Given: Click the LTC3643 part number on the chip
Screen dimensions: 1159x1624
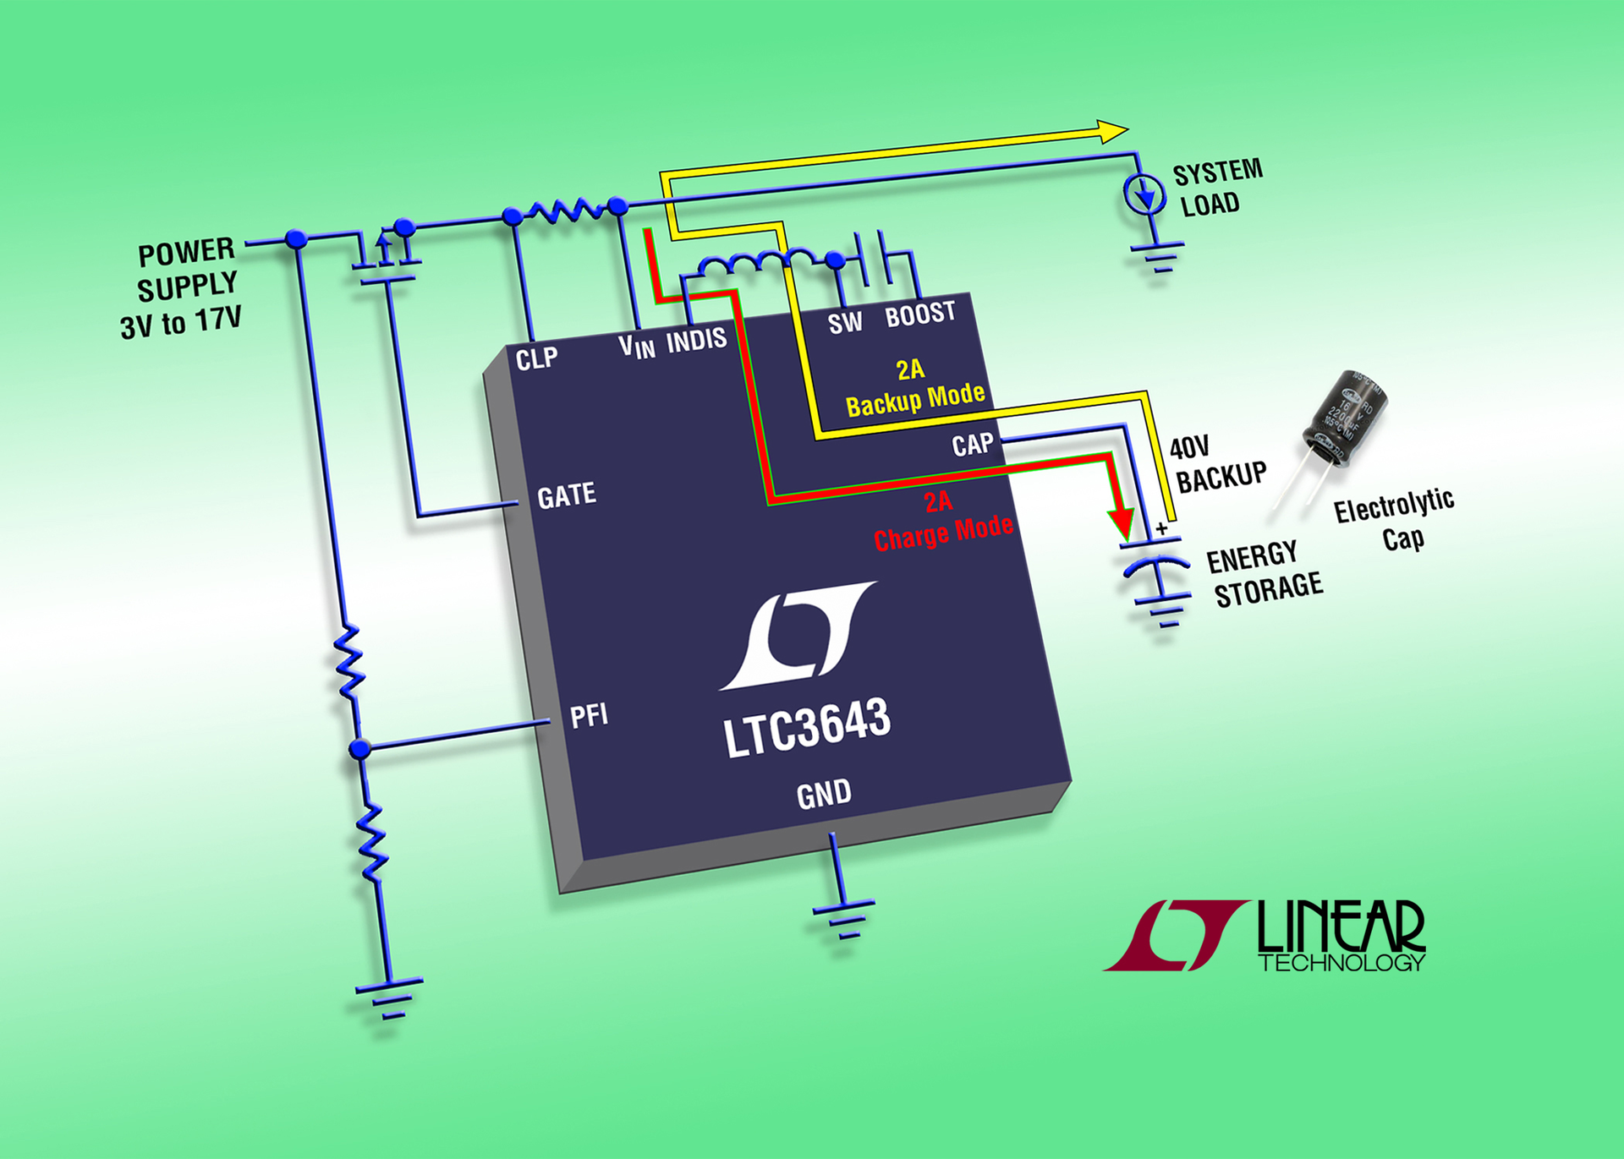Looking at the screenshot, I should [807, 728].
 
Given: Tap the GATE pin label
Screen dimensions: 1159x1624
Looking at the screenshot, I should [567, 495].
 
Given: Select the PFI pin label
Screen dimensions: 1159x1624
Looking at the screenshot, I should [589, 717].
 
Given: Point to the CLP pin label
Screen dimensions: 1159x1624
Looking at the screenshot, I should [536, 358].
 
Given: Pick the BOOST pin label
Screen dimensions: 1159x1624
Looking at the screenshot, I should [920, 314].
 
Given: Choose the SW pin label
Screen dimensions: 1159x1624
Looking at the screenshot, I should [845, 323].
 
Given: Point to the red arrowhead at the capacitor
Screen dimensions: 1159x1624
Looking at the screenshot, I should [1122, 522].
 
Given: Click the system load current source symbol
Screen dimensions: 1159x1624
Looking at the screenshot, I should [1144, 194].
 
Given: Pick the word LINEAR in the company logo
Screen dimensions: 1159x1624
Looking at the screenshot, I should [1341, 927].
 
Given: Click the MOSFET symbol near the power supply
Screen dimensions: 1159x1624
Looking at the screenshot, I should [387, 257].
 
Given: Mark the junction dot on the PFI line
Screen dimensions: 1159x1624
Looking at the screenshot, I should [360, 748].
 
